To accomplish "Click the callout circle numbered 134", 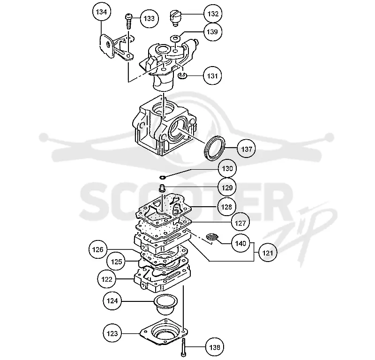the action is (x=101, y=12).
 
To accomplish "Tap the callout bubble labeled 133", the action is (x=150, y=18).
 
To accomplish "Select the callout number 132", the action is (x=213, y=14).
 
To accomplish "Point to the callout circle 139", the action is (x=212, y=31).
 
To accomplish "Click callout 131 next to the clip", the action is (x=212, y=76).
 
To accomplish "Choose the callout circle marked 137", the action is (x=247, y=149).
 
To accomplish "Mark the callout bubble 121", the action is (x=268, y=253).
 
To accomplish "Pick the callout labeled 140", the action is (x=240, y=243).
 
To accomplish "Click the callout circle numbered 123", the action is (x=112, y=333).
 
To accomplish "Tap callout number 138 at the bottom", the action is (x=215, y=347).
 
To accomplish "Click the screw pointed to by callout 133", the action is (x=128, y=22).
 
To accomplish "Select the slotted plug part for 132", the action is (x=176, y=18).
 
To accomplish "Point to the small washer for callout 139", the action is (x=175, y=38).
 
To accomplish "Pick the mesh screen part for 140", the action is (x=212, y=237).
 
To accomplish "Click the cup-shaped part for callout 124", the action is (x=165, y=303).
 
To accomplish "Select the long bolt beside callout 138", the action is (x=183, y=347).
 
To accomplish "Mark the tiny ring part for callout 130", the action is (x=162, y=177).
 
